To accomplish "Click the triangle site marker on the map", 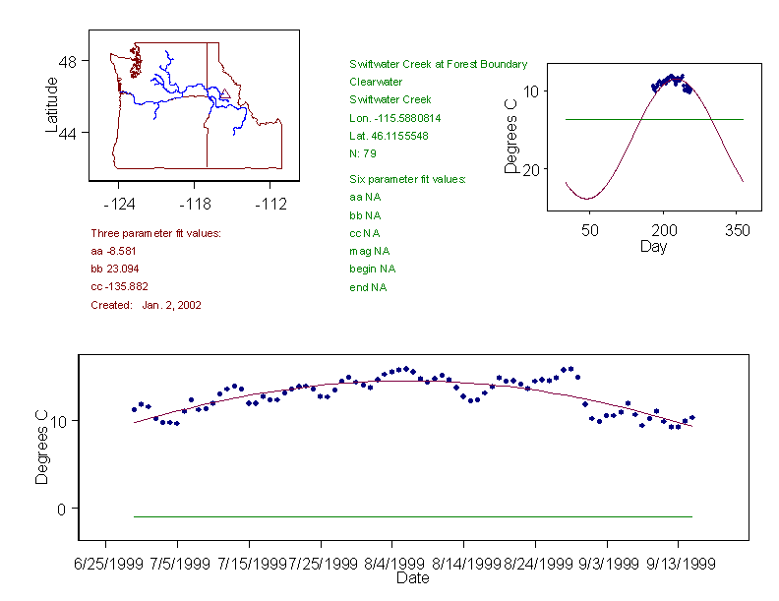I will [224, 94].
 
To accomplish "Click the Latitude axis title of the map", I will [52, 104].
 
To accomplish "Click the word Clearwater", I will [376, 82].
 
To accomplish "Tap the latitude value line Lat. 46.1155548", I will [389, 136].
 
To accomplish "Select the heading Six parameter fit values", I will [407, 179].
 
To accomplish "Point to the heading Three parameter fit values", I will [155, 233].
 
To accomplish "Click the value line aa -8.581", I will [116, 252].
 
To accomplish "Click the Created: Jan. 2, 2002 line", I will [146, 306].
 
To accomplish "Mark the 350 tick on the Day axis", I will [737, 230].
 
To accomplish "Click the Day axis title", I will [653, 247].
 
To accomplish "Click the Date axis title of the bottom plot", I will [412, 578].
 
